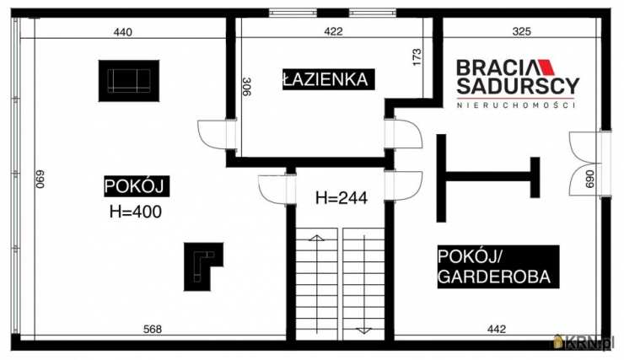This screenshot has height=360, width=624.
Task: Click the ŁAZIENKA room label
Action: point(328,79)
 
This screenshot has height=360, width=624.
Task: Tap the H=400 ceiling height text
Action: point(136,212)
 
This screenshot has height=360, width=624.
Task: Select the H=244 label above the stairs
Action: point(342,197)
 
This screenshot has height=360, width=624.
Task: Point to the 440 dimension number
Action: point(123,32)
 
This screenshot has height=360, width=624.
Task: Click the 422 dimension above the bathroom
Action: point(333,31)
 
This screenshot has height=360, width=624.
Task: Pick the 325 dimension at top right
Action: point(522,31)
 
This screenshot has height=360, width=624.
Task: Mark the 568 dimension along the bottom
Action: point(153,329)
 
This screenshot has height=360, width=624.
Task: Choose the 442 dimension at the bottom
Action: point(497,329)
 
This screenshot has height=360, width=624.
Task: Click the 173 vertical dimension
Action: point(417,57)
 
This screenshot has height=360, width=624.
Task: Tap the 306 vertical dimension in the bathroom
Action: point(247,86)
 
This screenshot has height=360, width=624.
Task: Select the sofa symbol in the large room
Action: point(129,81)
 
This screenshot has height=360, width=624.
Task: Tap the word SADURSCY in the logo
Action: point(518,86)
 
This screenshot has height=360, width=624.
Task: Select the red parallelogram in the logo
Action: point(546,67)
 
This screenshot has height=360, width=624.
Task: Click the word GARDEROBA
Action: point(494,277)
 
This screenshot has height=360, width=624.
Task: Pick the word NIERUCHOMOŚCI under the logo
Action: point(516,105)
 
